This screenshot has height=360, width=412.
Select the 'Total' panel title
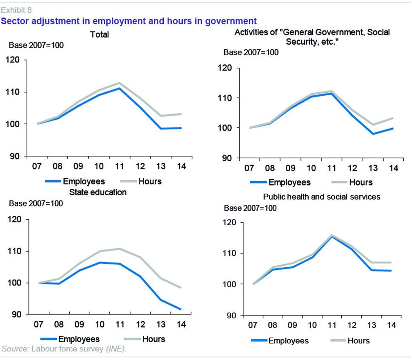coord(99,34)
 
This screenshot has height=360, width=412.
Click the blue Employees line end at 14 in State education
coord(181,309)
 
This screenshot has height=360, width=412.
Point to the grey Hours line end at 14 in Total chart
coord(182,114)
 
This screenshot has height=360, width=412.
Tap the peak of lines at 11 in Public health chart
coord(332,235)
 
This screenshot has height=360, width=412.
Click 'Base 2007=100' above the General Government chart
coord(251,52)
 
